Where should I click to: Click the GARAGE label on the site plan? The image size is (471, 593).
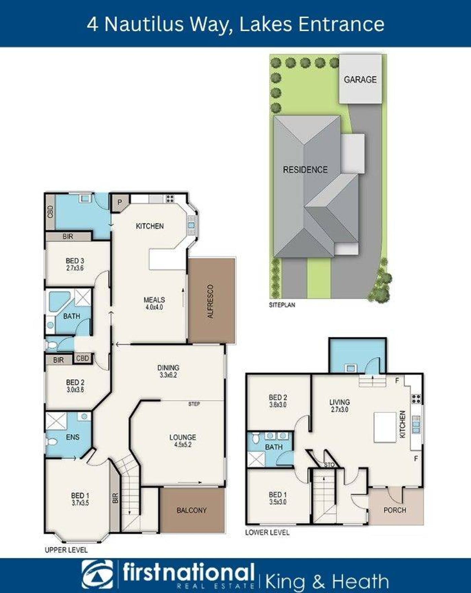360,79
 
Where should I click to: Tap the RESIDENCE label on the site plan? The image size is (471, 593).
305,170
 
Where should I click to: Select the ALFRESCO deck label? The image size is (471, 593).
211,301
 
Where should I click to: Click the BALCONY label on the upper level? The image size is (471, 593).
191,510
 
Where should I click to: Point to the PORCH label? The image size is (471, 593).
395,510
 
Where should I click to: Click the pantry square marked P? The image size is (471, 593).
119,202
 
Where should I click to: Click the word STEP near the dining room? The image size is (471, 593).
194,404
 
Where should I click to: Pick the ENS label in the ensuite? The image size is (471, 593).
73,437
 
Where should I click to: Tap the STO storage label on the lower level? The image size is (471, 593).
329,465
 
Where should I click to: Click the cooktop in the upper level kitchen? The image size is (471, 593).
170,198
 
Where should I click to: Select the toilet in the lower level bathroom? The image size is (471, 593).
256,438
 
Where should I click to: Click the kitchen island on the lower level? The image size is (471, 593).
385,427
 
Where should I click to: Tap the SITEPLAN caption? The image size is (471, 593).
282,305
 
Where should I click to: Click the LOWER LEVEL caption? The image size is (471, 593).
267,532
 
